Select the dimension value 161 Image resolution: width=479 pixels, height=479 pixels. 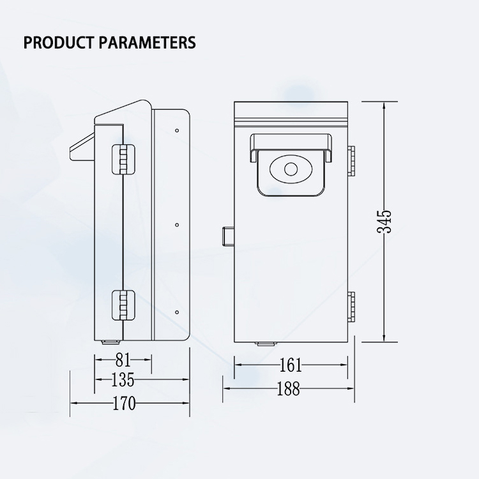[x=291, y=365]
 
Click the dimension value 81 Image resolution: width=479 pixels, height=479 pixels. [x=123, y=359]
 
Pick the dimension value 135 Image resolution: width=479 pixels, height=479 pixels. [x=123, y=380]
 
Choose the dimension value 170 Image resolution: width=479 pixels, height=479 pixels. [x=123, y=404]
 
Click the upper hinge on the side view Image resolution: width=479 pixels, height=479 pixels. [x=123, y=160]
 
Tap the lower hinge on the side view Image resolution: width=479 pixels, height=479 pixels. [x=123, y=304]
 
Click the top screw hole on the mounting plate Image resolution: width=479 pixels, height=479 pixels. [x=177, y=130]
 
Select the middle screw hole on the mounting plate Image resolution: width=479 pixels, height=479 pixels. [x=177, y=225]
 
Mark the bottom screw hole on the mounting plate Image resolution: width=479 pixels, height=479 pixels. [x=177, y=313]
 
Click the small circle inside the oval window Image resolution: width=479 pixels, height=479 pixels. [x=291, y=170]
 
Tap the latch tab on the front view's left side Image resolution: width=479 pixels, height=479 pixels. [x=228, y=235]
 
